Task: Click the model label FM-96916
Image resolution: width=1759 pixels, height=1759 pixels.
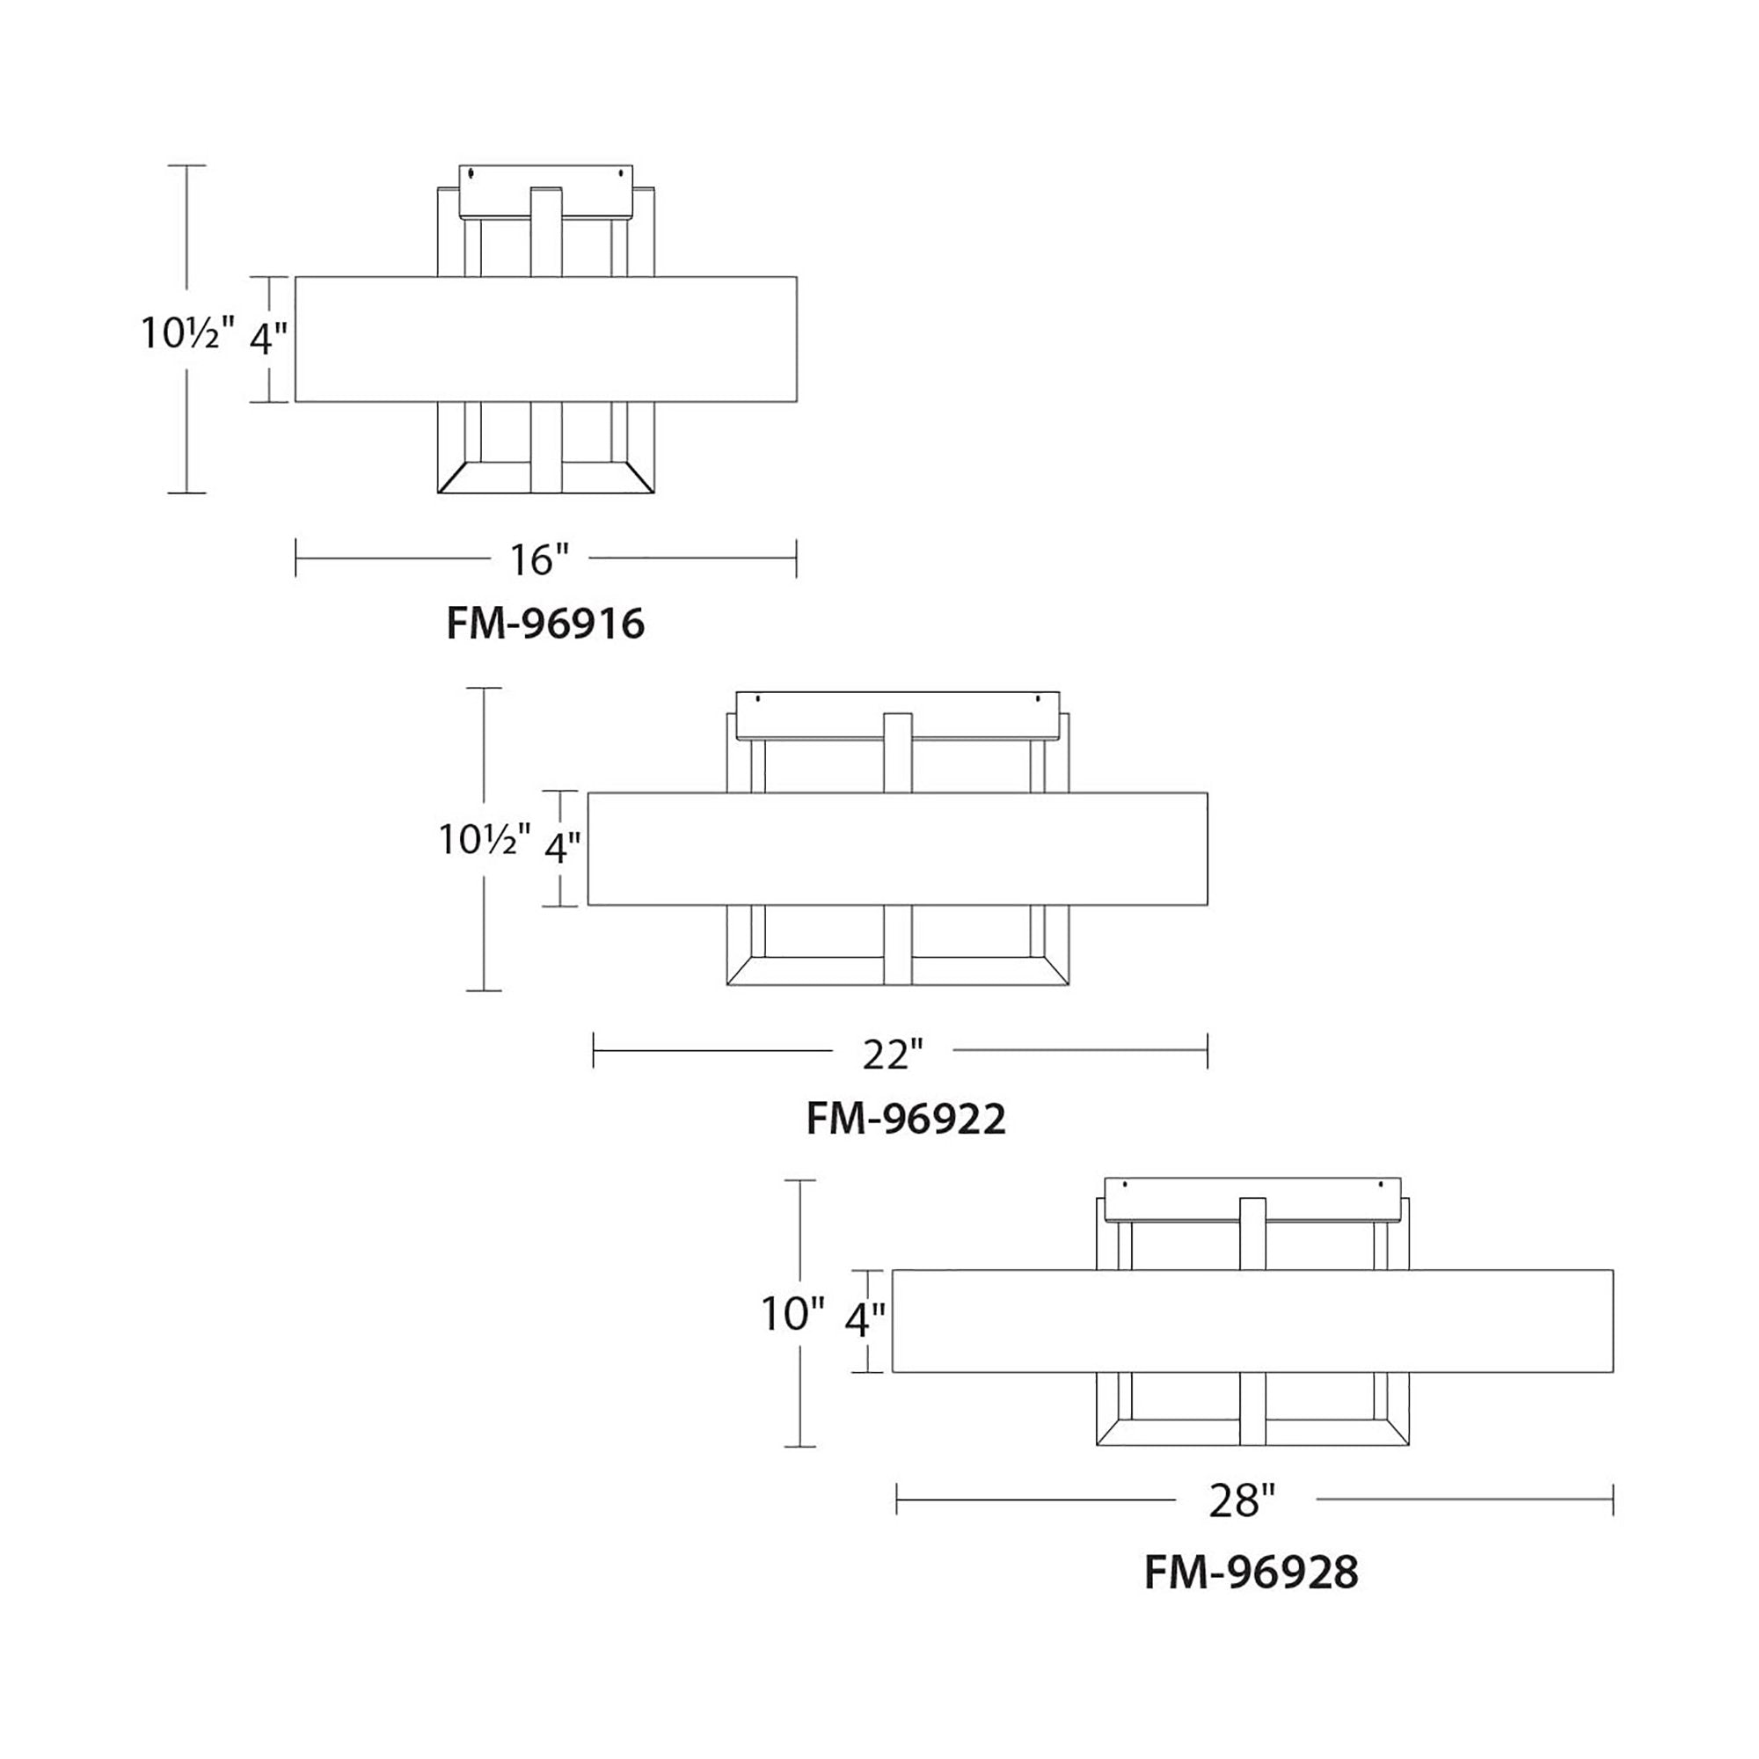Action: tap(545, 624)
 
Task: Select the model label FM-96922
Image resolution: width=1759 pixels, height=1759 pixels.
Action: tap(906, 1119)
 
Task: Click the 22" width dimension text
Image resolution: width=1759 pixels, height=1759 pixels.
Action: tap(892, 1055)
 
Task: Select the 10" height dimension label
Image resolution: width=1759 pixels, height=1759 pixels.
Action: tap(792, 1314)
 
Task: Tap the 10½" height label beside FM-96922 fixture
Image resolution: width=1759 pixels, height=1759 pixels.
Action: tap(485, 838)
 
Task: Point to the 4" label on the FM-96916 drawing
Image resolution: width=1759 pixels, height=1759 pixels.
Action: tap(267, 339)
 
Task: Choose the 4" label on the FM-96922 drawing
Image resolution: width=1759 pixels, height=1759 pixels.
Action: tap(562, 848)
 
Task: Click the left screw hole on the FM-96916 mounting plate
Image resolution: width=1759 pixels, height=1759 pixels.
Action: tap(471, 172)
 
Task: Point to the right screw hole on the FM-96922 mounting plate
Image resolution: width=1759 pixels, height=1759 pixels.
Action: tap(1037, 699)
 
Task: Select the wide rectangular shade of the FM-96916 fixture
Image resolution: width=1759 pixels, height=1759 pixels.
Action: tap(545, 339)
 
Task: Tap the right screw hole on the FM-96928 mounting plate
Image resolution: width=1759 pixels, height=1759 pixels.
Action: tap(1380, 1186)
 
